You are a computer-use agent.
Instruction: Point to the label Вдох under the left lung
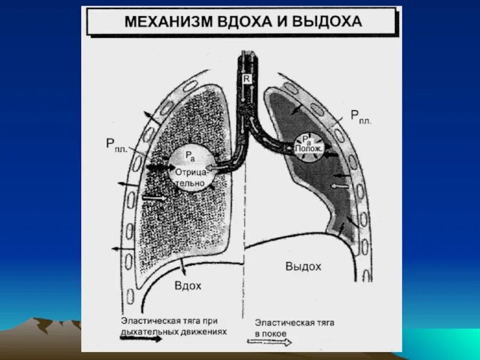coord(188,286)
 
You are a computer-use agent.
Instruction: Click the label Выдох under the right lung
coord(303,266)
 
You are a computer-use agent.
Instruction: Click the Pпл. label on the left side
coord(116,144)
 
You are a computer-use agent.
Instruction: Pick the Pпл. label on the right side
coord(361,116)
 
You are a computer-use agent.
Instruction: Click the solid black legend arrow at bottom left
coord(141,338)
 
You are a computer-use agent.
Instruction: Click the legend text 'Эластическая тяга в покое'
coord(294,328)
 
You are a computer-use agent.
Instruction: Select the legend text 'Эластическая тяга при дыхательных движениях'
coord(173,325)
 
